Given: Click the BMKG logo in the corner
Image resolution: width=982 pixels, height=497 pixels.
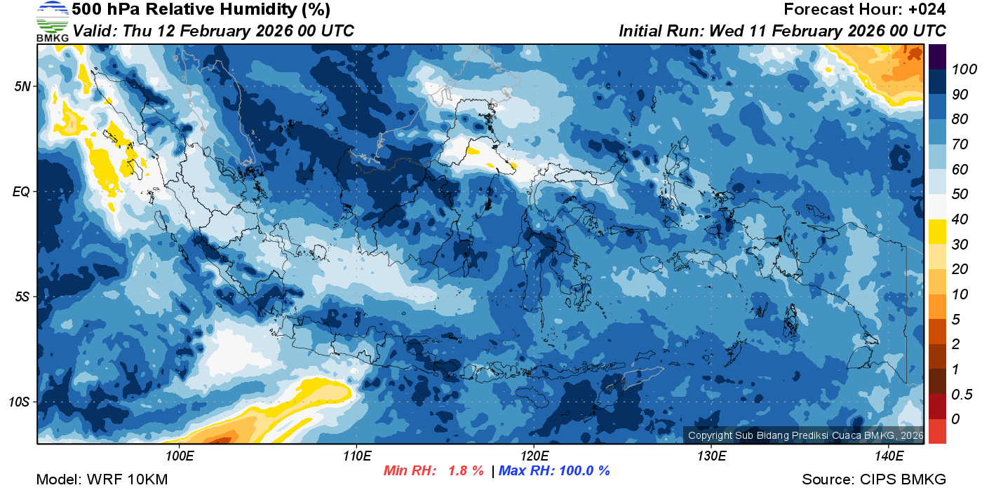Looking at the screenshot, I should (52, 21).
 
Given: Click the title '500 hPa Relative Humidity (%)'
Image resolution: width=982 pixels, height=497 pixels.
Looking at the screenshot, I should (201, 10).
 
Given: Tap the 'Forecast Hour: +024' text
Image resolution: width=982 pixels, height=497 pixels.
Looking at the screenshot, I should (865, 10).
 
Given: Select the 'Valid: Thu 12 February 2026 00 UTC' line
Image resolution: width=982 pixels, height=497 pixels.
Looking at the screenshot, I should (213, 31).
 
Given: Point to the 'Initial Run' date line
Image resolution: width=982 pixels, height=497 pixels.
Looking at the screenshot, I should (782, 31).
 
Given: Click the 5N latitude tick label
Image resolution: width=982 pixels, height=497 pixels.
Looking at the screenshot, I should (22, 86).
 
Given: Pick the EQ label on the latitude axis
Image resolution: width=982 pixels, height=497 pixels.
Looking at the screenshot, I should (21, 191).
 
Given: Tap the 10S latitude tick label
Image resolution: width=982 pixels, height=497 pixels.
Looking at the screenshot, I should (19, 402).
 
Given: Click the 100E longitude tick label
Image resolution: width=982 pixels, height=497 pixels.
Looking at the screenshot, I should (180, 456).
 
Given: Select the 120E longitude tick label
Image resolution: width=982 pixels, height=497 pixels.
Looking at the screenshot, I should (534, 456).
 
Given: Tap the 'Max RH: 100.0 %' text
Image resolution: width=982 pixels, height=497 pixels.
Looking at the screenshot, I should (554, 471).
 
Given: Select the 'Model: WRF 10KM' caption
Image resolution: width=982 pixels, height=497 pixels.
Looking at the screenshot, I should (102, 480).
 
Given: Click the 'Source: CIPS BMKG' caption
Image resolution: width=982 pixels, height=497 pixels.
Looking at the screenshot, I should (874, 480).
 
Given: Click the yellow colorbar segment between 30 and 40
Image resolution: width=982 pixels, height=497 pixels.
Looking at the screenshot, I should (937, 231).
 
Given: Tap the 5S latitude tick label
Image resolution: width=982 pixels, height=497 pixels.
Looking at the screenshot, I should (22, 297).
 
